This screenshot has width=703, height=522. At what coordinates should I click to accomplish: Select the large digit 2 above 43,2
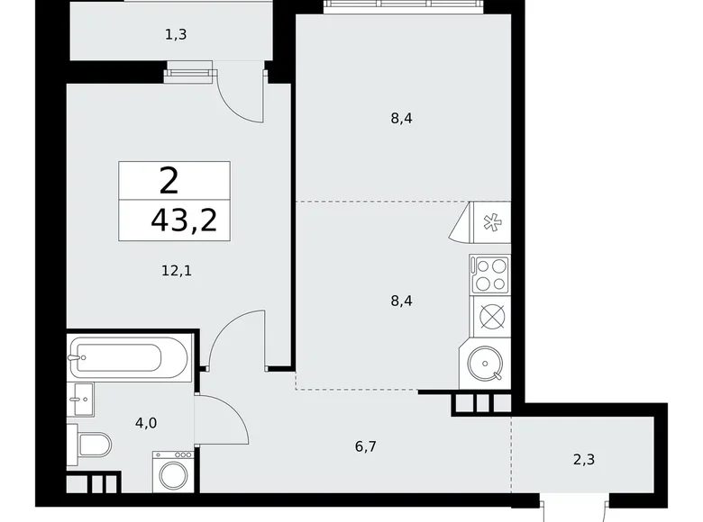(169, 182)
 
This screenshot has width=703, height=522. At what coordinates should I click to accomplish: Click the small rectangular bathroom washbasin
(81, 399)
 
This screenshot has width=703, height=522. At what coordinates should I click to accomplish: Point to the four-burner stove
(489, 274)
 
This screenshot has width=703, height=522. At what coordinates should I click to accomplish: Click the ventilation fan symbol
(492, 220)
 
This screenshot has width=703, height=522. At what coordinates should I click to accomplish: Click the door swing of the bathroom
(223, 418)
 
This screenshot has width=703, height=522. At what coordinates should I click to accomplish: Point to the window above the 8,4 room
(404, 5)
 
